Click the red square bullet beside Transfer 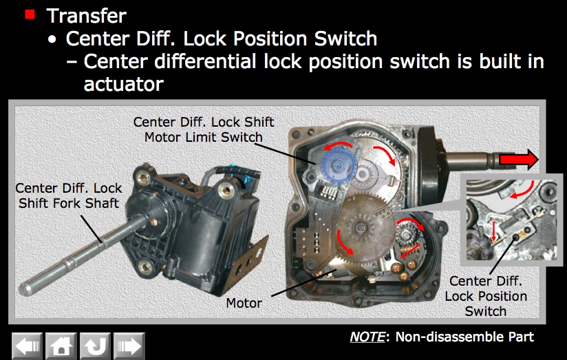(30, 15)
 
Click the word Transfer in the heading (87, 16)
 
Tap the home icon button (61, 346)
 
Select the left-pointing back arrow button (27, 346)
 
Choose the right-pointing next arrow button (129, 346)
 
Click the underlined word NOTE (367, 337)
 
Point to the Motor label (244, 303)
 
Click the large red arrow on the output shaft (519, 159)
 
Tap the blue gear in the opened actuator (339, 166)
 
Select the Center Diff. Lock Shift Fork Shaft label (69, 195)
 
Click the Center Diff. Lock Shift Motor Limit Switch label (204, 129)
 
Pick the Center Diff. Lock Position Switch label (486, 296)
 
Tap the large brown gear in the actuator (366, 227)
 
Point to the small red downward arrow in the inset (493, 231)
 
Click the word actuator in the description (124, 84)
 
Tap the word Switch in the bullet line (345, 39)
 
